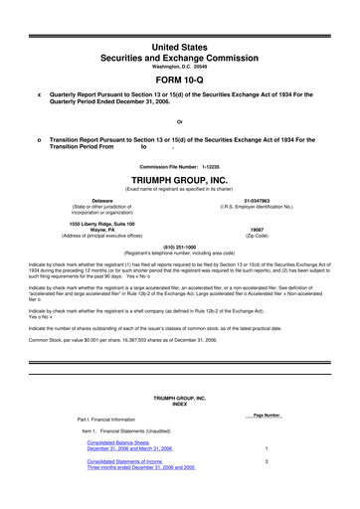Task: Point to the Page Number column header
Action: point(267,414)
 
